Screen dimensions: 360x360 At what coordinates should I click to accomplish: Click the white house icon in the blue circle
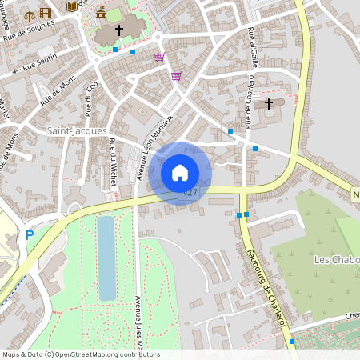point(180,172)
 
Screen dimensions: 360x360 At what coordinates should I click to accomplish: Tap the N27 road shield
point(189,193)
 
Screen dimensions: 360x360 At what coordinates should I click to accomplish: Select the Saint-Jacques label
point(77,130)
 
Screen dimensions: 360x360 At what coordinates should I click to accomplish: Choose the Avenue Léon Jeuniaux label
point(153,146)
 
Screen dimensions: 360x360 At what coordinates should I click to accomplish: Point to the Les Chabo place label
point(336,260)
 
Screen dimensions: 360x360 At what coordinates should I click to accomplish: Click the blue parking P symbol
point(30,235)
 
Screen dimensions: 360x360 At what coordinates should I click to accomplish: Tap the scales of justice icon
point(30,14)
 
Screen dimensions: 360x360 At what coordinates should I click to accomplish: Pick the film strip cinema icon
point(45,13)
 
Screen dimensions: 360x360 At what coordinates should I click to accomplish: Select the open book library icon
point(72,6)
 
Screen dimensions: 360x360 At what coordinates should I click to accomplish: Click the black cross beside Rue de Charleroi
point(269,103)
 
